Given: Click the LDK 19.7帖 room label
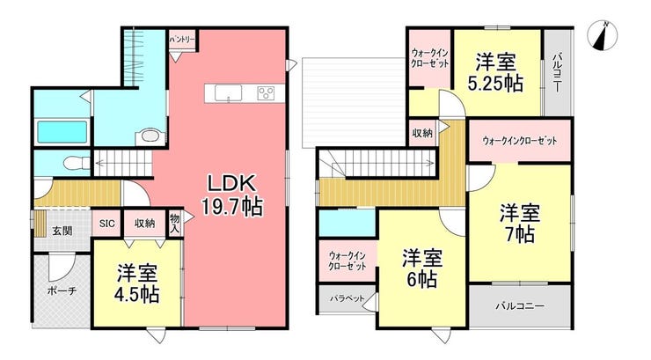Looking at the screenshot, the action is tap(232, 195).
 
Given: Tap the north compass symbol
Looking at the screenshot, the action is tap(603, 36).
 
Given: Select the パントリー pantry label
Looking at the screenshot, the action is tap(182, 40).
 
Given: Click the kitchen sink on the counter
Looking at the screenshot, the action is tap(229, 93).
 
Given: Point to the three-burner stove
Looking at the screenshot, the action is tap(266, 93).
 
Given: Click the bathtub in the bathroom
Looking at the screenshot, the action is tap(62, 132).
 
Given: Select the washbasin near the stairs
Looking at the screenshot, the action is tap(150, 136).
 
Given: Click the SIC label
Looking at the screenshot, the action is tap(106, 224).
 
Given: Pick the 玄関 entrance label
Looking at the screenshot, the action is tap(62, 231).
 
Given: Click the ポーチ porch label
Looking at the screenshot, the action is tap(62, 290).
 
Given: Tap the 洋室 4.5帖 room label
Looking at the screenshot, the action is tap(137, 283).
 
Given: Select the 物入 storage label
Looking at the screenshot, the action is tap(175, 223).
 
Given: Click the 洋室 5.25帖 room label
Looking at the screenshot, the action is tap(495, 72).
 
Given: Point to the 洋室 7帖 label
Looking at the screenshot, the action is tap(520, 224).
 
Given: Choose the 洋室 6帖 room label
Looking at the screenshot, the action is tap(421, 268).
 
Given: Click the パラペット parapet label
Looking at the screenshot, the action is tap(347, 298).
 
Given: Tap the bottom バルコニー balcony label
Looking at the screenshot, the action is tap(520, 306).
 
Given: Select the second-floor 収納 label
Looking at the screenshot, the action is tap(421, 133).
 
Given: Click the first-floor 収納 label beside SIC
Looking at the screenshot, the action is tap(144, 224).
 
